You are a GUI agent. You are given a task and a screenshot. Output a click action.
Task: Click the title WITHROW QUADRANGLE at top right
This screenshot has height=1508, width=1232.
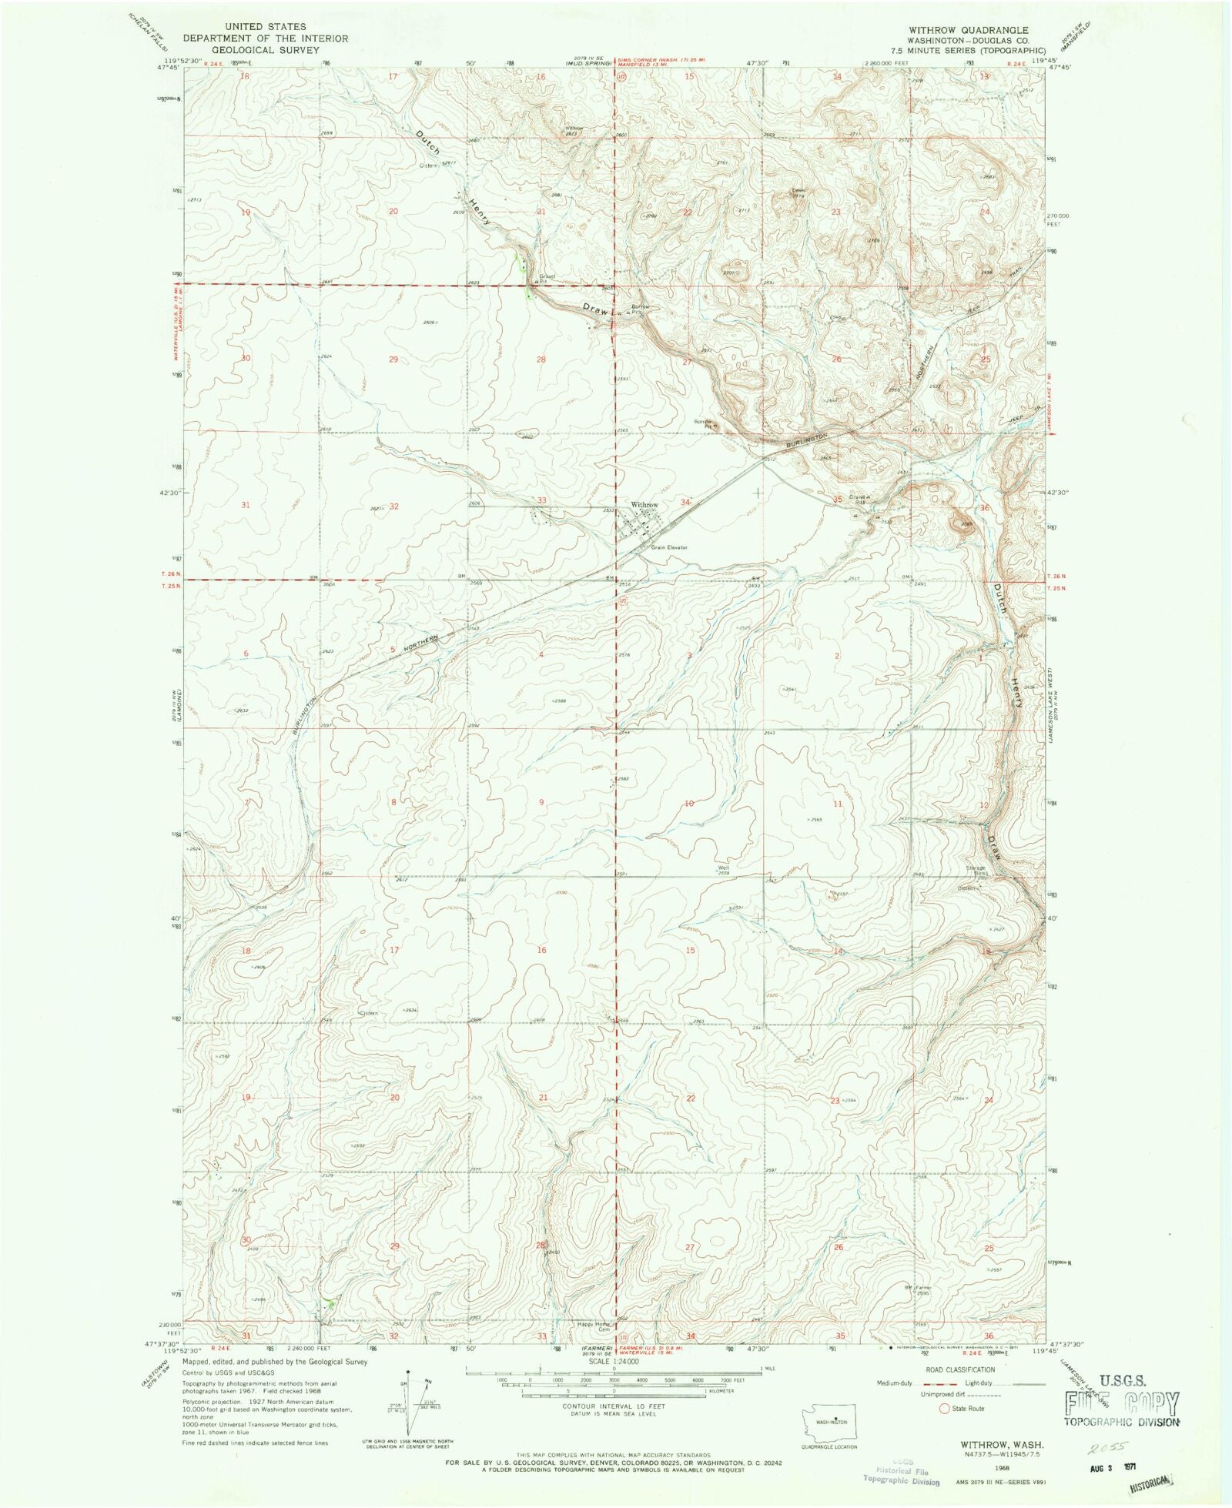pyautogui.click(x=968, y=30)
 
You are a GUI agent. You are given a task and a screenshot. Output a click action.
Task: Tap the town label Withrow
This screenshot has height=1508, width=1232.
pyautogui.click(x=644, y=505)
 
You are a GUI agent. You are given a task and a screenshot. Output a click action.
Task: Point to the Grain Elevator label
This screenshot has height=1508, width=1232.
pyautogui.click(x=668, y=547)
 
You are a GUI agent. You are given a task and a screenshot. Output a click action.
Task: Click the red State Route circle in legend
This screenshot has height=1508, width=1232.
pyautogui.click(x=944, y=1409)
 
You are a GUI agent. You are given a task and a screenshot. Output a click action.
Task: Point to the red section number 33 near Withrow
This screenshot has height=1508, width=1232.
pyautogui.click(x=541, y=500)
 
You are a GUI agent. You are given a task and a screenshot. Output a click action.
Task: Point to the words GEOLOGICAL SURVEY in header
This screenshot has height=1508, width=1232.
pyautogui.click(x=266, y=50)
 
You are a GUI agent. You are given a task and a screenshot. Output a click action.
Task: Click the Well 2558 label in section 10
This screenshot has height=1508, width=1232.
pyautogui.click(x=723, y=871)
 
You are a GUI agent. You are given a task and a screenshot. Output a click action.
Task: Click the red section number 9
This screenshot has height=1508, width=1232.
pyautogui.click(x=541, y=802)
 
